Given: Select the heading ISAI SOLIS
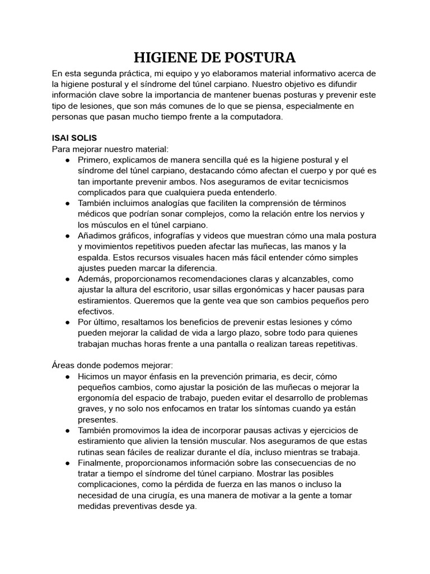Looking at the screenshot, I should (x=74, y=138).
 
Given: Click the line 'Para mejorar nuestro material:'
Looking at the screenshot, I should (x=110, y=149).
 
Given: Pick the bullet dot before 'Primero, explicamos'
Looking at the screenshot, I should (x=67, y=160).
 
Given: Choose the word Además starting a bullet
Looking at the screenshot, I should (x=96, y=279).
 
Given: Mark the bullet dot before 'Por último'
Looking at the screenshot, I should (x=67, y=322).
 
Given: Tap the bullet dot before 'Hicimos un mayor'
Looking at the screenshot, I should (x=67, y=377).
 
